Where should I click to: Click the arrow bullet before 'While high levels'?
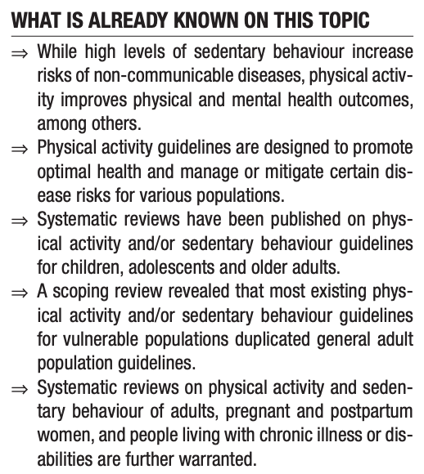[20, 51]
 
